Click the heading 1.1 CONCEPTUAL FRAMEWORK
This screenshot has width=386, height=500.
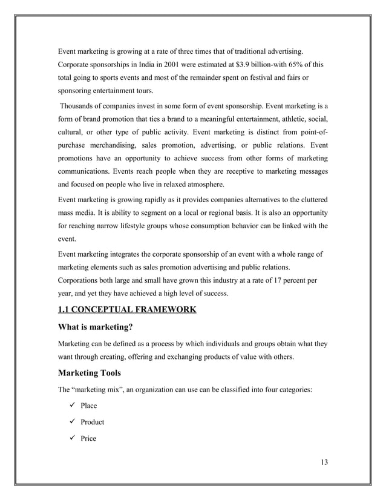pyautogui.click(x=126, y=311)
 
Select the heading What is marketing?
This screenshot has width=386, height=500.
pyautogui.click(x=94, y=329)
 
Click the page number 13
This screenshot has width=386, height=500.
pyautogui.click(x=324, y=463)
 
